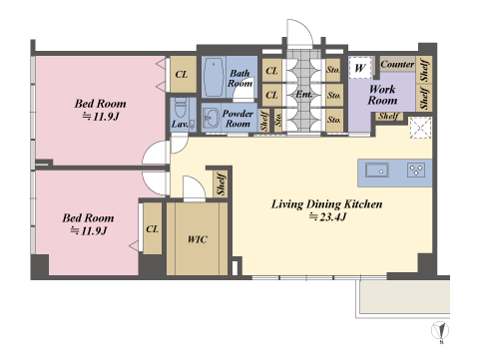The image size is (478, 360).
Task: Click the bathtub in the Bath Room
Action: [x=214, y=77]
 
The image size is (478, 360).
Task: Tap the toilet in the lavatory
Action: [x=181, y=107]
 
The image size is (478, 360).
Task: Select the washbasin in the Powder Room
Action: [x=211, y=118]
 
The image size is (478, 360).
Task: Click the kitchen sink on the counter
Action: [x=377, y=171]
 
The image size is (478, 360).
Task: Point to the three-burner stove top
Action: [x=416, y=170]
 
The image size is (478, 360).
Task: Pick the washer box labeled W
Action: [x=360, y=68]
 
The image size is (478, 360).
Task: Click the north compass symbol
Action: [x=440, y=331]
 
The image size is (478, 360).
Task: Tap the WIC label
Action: [x=198, y=239]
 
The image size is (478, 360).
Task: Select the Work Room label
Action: [x=382, y=95]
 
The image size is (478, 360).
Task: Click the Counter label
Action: [x=397, y=64]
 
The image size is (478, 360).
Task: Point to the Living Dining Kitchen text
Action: [x=327, y=203]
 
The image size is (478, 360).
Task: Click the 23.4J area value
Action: [x=328, y=216]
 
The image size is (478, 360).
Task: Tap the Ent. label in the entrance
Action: [x=304, y=94]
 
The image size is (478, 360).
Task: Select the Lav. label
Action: [x=180, y=125]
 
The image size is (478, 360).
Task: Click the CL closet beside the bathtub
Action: [x=182, y=74]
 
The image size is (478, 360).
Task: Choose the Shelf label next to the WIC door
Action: [x=222, y=183]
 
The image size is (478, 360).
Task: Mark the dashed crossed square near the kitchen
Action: [x=421, y=128]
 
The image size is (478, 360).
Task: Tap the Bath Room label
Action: [x=239, y=78]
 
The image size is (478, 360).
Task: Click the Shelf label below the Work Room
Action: [x=389, y=116]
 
